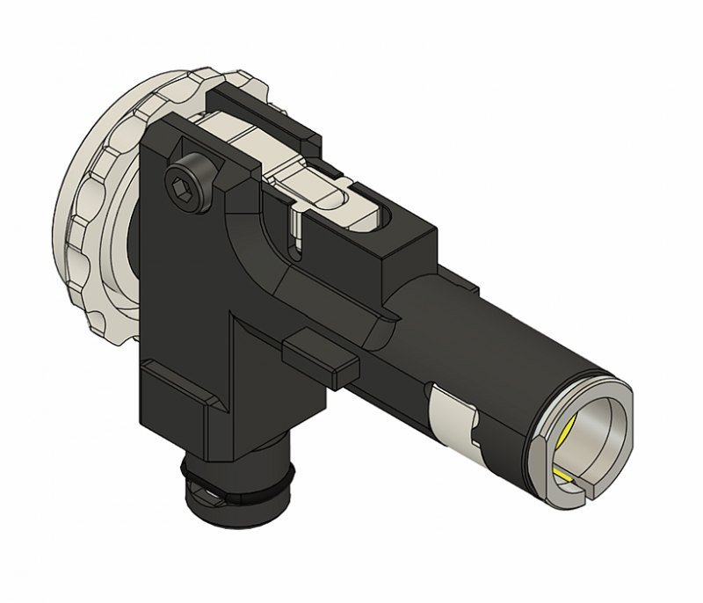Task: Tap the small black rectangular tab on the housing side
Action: [318, 357]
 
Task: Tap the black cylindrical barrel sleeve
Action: [492, 352]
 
